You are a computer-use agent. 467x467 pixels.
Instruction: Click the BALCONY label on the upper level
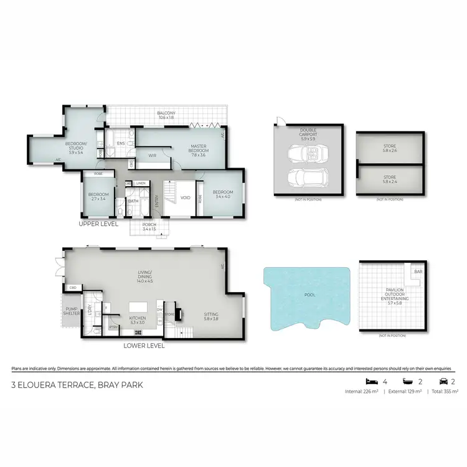coord(167,113)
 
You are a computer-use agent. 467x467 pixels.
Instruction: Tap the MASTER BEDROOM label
coord(198,149)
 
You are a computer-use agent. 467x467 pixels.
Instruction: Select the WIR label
coord(151,156)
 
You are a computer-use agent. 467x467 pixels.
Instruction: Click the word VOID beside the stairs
coord(185,197)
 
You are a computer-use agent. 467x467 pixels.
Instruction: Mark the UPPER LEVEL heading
coord(98,223)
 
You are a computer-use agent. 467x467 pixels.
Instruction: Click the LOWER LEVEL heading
coord(144,345)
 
